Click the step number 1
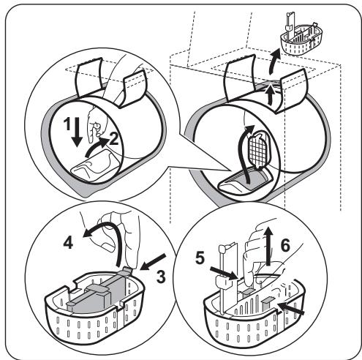[67, 124]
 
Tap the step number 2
[114, 139]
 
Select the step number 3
[161, 277]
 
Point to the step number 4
[68, 243]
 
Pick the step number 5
[200, 258]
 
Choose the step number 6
[285, 246]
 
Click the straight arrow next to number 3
[153, 262]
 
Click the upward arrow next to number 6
[268, 246]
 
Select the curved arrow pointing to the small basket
[274, 61]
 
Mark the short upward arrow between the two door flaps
[270, 96]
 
